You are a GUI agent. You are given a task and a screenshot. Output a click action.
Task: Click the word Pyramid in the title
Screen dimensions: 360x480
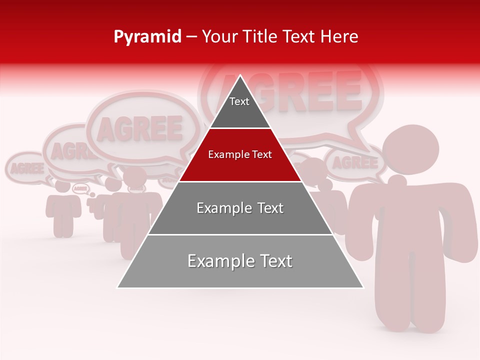pos(147,37)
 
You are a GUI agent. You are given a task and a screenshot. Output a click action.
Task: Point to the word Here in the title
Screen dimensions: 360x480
pos(339,37)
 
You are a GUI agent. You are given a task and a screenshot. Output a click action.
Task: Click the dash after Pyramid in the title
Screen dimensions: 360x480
pos(191,37)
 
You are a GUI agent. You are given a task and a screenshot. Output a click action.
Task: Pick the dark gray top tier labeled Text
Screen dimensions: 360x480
pos(239,107)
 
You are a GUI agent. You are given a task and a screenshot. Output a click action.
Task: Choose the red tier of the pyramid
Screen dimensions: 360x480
pos(240,165)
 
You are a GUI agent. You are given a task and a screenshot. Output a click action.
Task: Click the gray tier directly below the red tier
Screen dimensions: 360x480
pos(240,215)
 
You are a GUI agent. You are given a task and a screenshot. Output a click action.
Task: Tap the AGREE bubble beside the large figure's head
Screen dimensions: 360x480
pos(355,163)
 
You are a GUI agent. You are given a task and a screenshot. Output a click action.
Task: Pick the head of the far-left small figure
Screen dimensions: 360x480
pos(63,185)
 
